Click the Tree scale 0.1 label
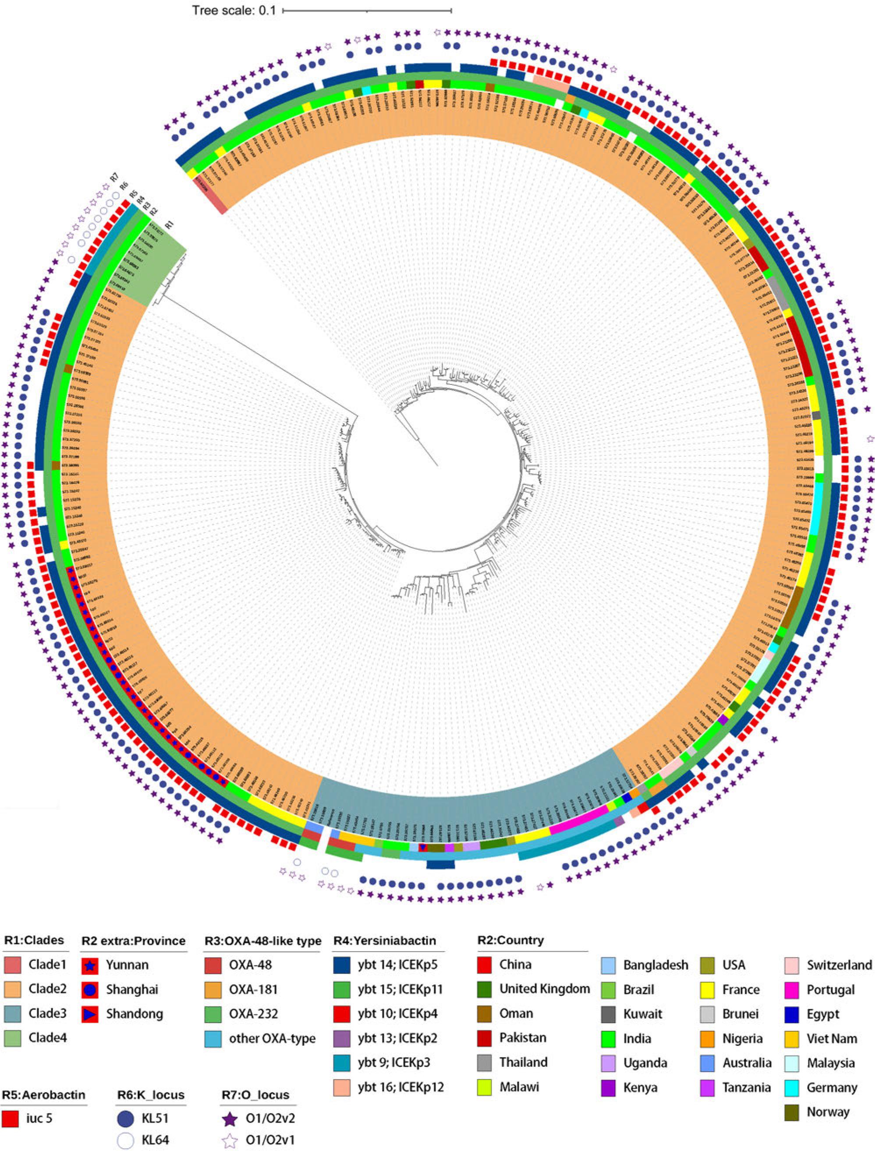234,10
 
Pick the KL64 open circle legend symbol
125,1140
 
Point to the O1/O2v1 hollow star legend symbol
230,1140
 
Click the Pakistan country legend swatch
485,1038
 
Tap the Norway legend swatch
792,1112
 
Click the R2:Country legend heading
510,941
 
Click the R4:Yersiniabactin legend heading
384,941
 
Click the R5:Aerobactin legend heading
44,1095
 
